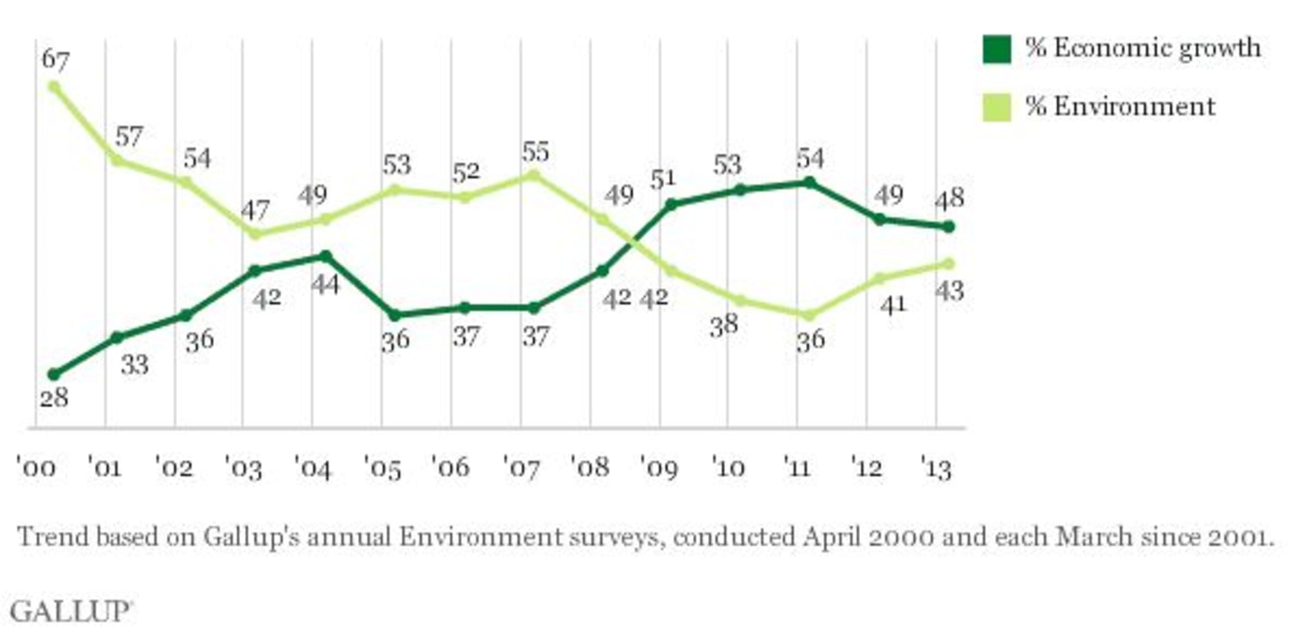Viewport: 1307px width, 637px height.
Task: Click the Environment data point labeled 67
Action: click(54, 86)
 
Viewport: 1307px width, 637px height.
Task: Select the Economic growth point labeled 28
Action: click(54, 374)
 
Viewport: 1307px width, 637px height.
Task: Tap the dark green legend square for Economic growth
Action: click(997, 48)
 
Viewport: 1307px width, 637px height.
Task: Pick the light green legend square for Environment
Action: click(997, 106)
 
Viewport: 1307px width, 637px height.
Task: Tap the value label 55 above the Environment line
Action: click(535, 152)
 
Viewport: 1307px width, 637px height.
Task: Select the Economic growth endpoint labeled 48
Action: click(949, 227)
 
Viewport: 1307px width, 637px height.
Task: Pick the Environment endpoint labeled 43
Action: click(949, 263)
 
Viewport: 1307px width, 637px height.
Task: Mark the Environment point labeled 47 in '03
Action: click(254, 234)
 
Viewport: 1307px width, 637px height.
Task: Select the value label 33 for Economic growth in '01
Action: click(134, 364)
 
